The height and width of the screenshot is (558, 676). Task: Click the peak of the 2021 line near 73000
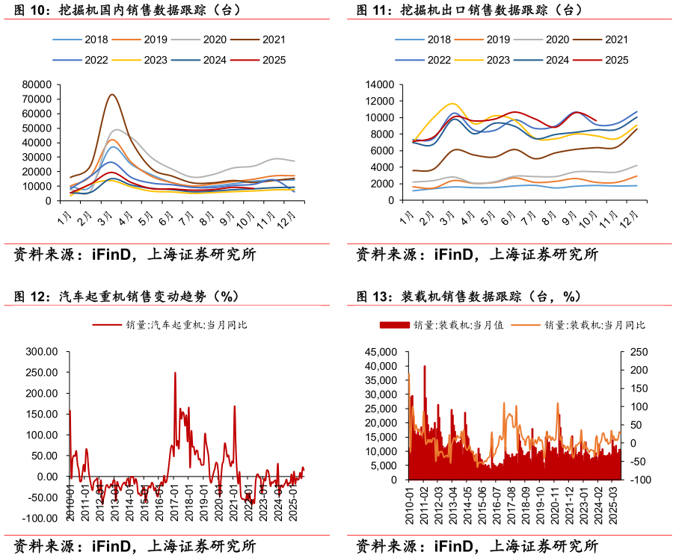(111, 95)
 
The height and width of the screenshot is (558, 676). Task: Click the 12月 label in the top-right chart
(631, 221)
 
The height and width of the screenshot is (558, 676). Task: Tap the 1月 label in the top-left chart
(66, 220)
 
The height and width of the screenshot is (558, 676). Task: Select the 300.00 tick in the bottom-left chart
(43, 351)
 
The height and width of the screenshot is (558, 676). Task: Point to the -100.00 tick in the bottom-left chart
(40, 518)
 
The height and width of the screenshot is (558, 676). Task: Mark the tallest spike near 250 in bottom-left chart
(175, 373)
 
